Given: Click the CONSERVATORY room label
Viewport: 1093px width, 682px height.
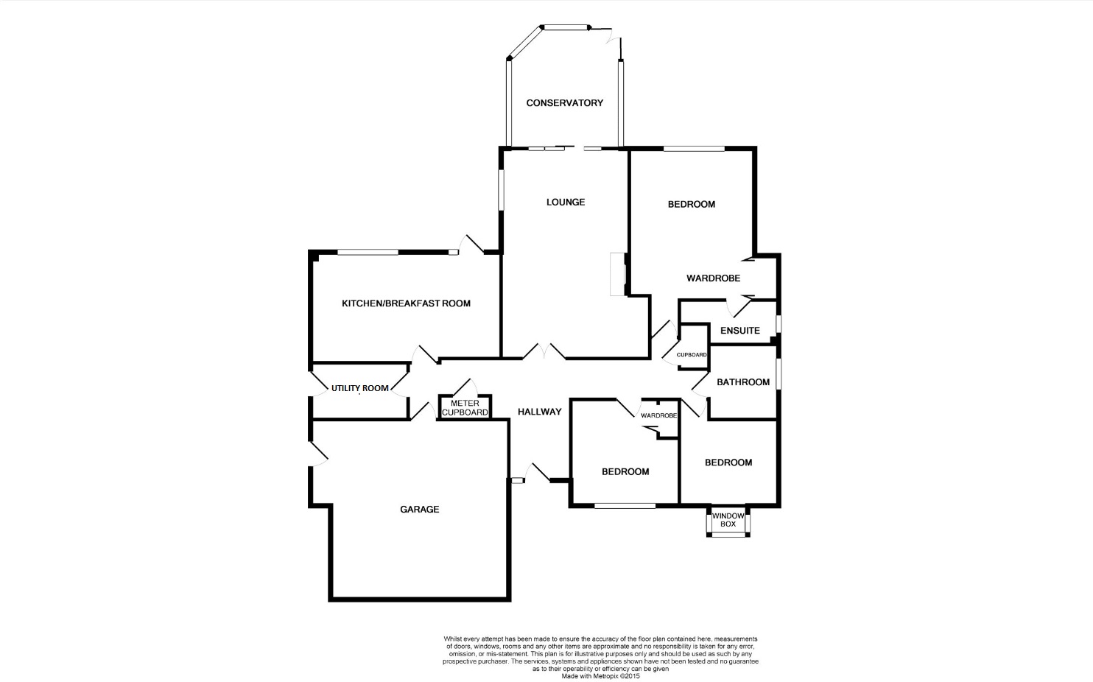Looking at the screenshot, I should [564, 103].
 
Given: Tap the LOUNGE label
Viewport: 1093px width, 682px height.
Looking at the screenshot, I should [565, 202].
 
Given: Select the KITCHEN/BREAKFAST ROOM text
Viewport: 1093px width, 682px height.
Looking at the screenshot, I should [406, 303].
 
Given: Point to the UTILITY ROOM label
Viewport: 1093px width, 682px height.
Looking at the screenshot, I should [359, 388].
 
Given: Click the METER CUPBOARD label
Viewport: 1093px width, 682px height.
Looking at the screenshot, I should [465, 408].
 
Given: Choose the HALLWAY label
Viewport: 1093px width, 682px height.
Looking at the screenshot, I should [539, 412].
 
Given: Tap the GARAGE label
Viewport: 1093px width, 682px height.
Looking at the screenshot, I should [419, 509].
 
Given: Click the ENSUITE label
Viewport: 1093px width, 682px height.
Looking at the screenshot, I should [739, 331].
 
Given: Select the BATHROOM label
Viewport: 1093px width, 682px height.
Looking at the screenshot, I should [743, 382].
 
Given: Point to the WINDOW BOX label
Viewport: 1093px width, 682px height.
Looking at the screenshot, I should [728, 520].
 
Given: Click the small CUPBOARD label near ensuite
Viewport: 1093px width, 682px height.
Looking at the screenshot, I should [692, 355].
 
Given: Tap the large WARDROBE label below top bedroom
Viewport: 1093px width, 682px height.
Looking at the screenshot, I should [713, 278].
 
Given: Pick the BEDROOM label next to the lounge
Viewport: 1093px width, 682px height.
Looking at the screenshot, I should [691, 204].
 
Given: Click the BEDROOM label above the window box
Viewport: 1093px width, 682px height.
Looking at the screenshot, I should [728, 463].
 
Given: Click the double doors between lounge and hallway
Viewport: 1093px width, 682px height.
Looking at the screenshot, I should [544, 353].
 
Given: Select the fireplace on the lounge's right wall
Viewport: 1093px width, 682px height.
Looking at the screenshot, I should [617, 274].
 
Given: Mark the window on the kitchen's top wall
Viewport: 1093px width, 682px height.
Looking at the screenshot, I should [368, 253].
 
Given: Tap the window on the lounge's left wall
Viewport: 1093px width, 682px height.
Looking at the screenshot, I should [500, 190].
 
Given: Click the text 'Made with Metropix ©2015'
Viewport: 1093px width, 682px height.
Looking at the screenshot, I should [600, 676].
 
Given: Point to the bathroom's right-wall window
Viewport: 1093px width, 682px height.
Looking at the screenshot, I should [779, 373].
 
